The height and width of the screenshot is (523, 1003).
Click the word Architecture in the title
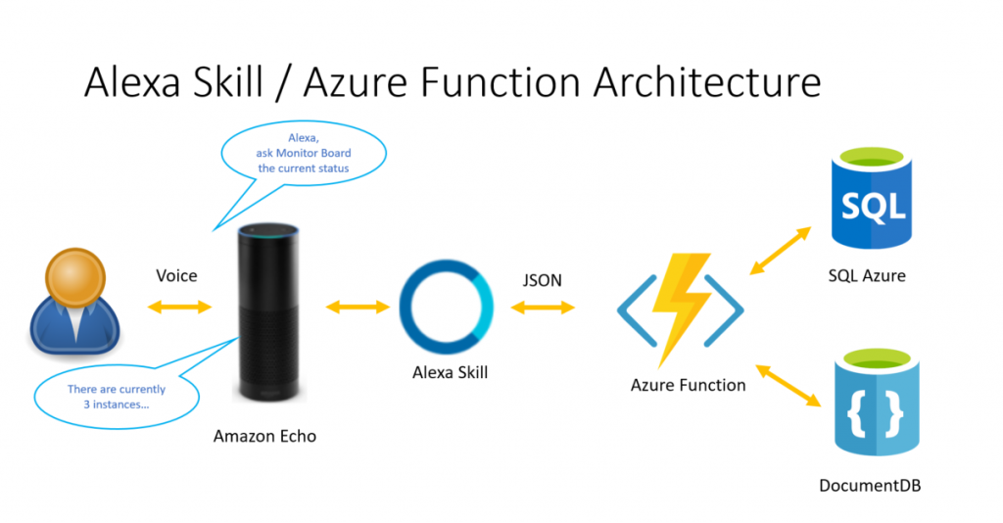point(707,81)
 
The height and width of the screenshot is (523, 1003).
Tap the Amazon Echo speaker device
point(268,312)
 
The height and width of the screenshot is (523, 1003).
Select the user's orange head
point(75,278)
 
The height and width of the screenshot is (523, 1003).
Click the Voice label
point(176,275)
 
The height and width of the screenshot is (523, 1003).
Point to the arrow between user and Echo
point(179,308)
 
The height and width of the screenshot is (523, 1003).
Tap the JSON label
point(542,280)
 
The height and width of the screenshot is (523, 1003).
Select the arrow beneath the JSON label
point(543,309)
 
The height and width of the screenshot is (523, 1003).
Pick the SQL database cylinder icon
point(871,197)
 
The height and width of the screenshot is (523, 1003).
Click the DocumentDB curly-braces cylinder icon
point(877,402)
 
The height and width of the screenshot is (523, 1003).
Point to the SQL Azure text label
point(867,275)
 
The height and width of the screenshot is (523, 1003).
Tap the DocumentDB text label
point(870,485)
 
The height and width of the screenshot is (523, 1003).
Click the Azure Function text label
point(688,385)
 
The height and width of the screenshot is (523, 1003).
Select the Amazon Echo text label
point(264,436)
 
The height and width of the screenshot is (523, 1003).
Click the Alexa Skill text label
point(450,372)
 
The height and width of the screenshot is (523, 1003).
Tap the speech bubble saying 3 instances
point(117,397)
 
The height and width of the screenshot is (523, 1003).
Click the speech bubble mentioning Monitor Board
point(304,154)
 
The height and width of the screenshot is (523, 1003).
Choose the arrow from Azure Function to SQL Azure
point(781,251)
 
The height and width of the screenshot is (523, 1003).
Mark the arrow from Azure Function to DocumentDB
point(788,386)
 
